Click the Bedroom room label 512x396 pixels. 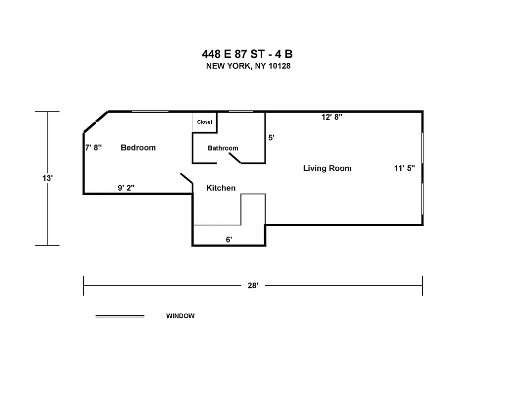click(138, 148)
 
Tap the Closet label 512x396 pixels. click(204, 122)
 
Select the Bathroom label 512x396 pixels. click(223, 148)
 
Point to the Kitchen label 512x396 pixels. click(221, 188)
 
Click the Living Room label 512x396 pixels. click(327, 168)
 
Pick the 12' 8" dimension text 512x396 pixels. click(332, 117)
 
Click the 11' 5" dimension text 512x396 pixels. click(404, 168)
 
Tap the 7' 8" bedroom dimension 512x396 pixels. click(93, 148)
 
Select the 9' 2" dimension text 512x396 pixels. click(126, 188)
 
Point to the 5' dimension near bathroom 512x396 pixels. click(271, 138)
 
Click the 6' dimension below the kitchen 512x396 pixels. click(229, 240)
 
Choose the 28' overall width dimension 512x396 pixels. click(253, 286)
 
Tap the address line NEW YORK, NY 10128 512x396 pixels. click(248, 66)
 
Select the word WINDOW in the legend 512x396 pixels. click(180, 316)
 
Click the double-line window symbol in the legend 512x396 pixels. click(120, 316)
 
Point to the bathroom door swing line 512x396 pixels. click(234, 158)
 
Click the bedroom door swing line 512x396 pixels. click(186, 179)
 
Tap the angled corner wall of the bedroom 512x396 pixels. click(96, 122)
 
